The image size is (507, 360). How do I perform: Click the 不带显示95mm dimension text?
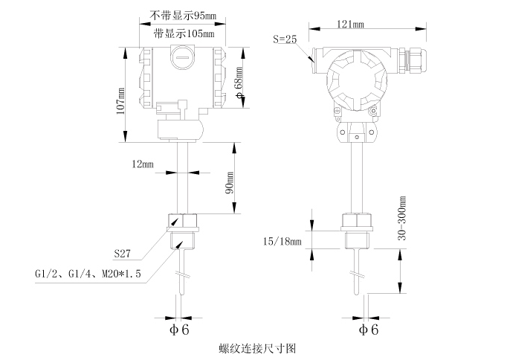[182, 15]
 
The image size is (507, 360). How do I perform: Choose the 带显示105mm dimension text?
[182, 33]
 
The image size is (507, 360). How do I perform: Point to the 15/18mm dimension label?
[282, 242]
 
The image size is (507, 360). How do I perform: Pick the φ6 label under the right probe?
[367, 328]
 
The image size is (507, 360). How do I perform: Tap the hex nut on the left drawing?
[183, 222]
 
